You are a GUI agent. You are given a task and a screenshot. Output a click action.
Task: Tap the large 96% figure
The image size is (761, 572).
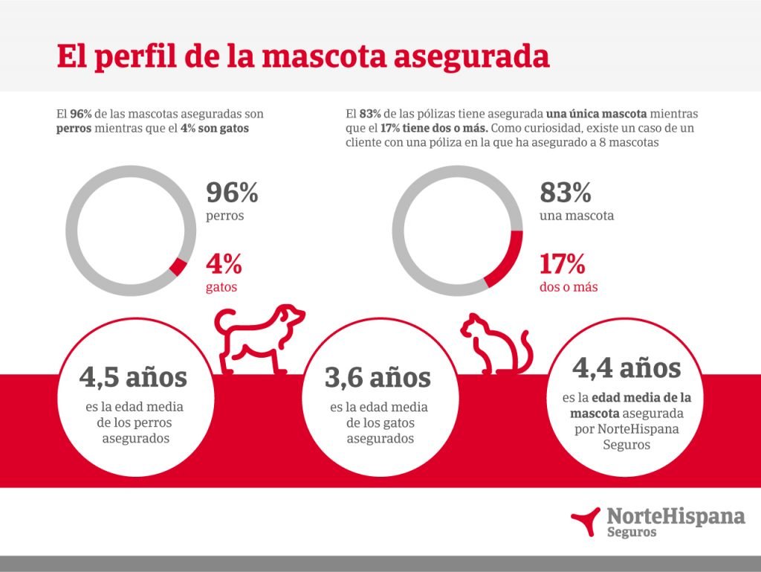point(232,193)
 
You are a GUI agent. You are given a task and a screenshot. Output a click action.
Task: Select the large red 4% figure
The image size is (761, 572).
point(224,263)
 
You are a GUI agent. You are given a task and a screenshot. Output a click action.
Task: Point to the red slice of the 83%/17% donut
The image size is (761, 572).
point(508,260)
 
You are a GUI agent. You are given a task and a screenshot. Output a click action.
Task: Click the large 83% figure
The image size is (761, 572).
point(566,193)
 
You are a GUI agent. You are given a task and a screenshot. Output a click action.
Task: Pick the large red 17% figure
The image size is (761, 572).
point(563,263)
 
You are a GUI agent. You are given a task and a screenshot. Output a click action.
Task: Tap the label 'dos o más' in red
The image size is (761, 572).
point(570,286)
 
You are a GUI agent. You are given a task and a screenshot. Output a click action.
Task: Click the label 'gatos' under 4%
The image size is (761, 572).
point(221,286)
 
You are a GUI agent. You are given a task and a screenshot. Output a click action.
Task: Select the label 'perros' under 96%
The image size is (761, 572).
point(225,216)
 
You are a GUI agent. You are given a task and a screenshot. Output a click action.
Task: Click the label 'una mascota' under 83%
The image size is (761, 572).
point(577,216)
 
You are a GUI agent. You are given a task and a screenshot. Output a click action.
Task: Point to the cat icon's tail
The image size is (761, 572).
point(525,350)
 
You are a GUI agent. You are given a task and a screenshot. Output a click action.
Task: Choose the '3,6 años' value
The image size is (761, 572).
point(378,377)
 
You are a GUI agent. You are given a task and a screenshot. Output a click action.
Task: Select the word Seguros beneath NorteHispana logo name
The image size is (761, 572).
point(632,533)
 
